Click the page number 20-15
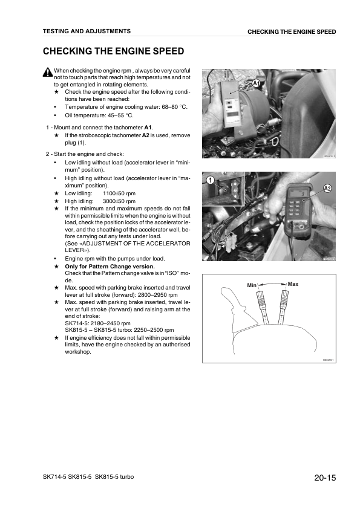pyautogui.click(x=325, y=479)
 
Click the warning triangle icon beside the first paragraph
pyautogui.click(x=48, y=73)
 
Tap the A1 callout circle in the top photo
pyautogui.click(x=256, y=83)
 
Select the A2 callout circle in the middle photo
pyautogui.click(x=327, y=189)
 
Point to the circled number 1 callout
pyautogui.click(x=209, y=181)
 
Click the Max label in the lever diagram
pyautogui.click(x=293, y=284)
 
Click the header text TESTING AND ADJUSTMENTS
pyautogui.click(x=87, y=31)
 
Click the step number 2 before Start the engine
pyautogui.click(x=48, y=154)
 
